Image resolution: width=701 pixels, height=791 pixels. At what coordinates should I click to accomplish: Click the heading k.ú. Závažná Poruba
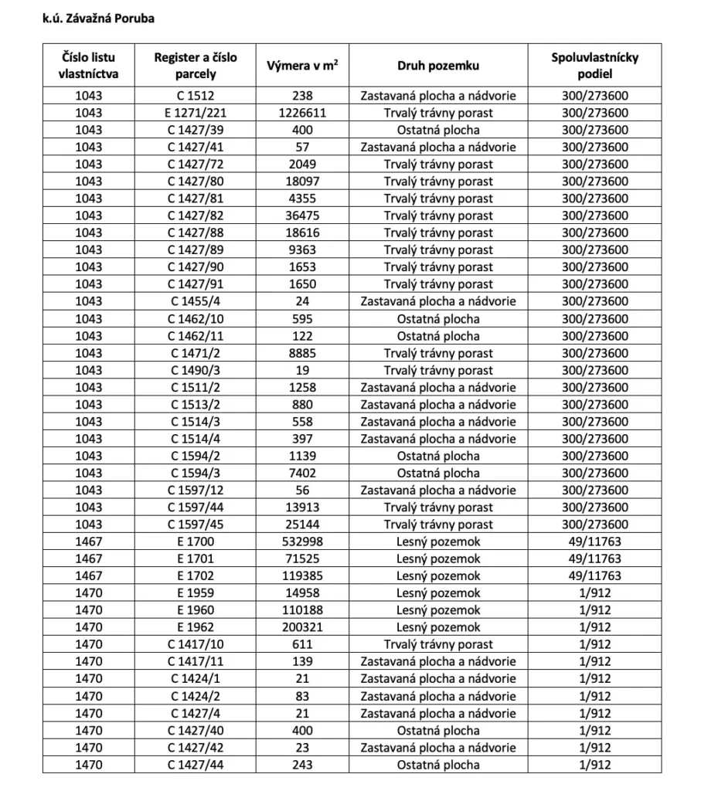tap(99, 18)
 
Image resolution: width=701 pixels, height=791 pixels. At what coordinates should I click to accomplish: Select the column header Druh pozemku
tap(438, 66)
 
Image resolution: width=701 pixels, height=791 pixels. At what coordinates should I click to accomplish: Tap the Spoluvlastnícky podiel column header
tap(594, 66)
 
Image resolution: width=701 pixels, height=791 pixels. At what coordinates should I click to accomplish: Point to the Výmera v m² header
tap(303, 66)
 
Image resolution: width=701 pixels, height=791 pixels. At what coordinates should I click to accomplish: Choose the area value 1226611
tap(303, 113)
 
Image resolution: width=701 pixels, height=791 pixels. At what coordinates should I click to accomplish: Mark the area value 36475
tap(303, 216)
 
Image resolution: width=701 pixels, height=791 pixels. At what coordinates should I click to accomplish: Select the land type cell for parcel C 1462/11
tap(438, 336)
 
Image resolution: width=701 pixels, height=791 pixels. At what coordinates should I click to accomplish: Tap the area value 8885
tap(303, 353)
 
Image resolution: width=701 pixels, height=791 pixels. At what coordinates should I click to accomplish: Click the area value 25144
tap(303, 525)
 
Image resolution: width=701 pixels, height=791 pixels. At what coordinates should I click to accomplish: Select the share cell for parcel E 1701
tap(594, 558)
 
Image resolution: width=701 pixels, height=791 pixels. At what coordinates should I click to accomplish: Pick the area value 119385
tap(303, 575)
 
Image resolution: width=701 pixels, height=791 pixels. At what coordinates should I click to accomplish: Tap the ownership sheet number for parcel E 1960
tap(89, 610)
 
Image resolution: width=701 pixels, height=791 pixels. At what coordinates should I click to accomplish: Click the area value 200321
tap(303, 627)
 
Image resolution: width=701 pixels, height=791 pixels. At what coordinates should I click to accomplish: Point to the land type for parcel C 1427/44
tap(438, 765)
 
